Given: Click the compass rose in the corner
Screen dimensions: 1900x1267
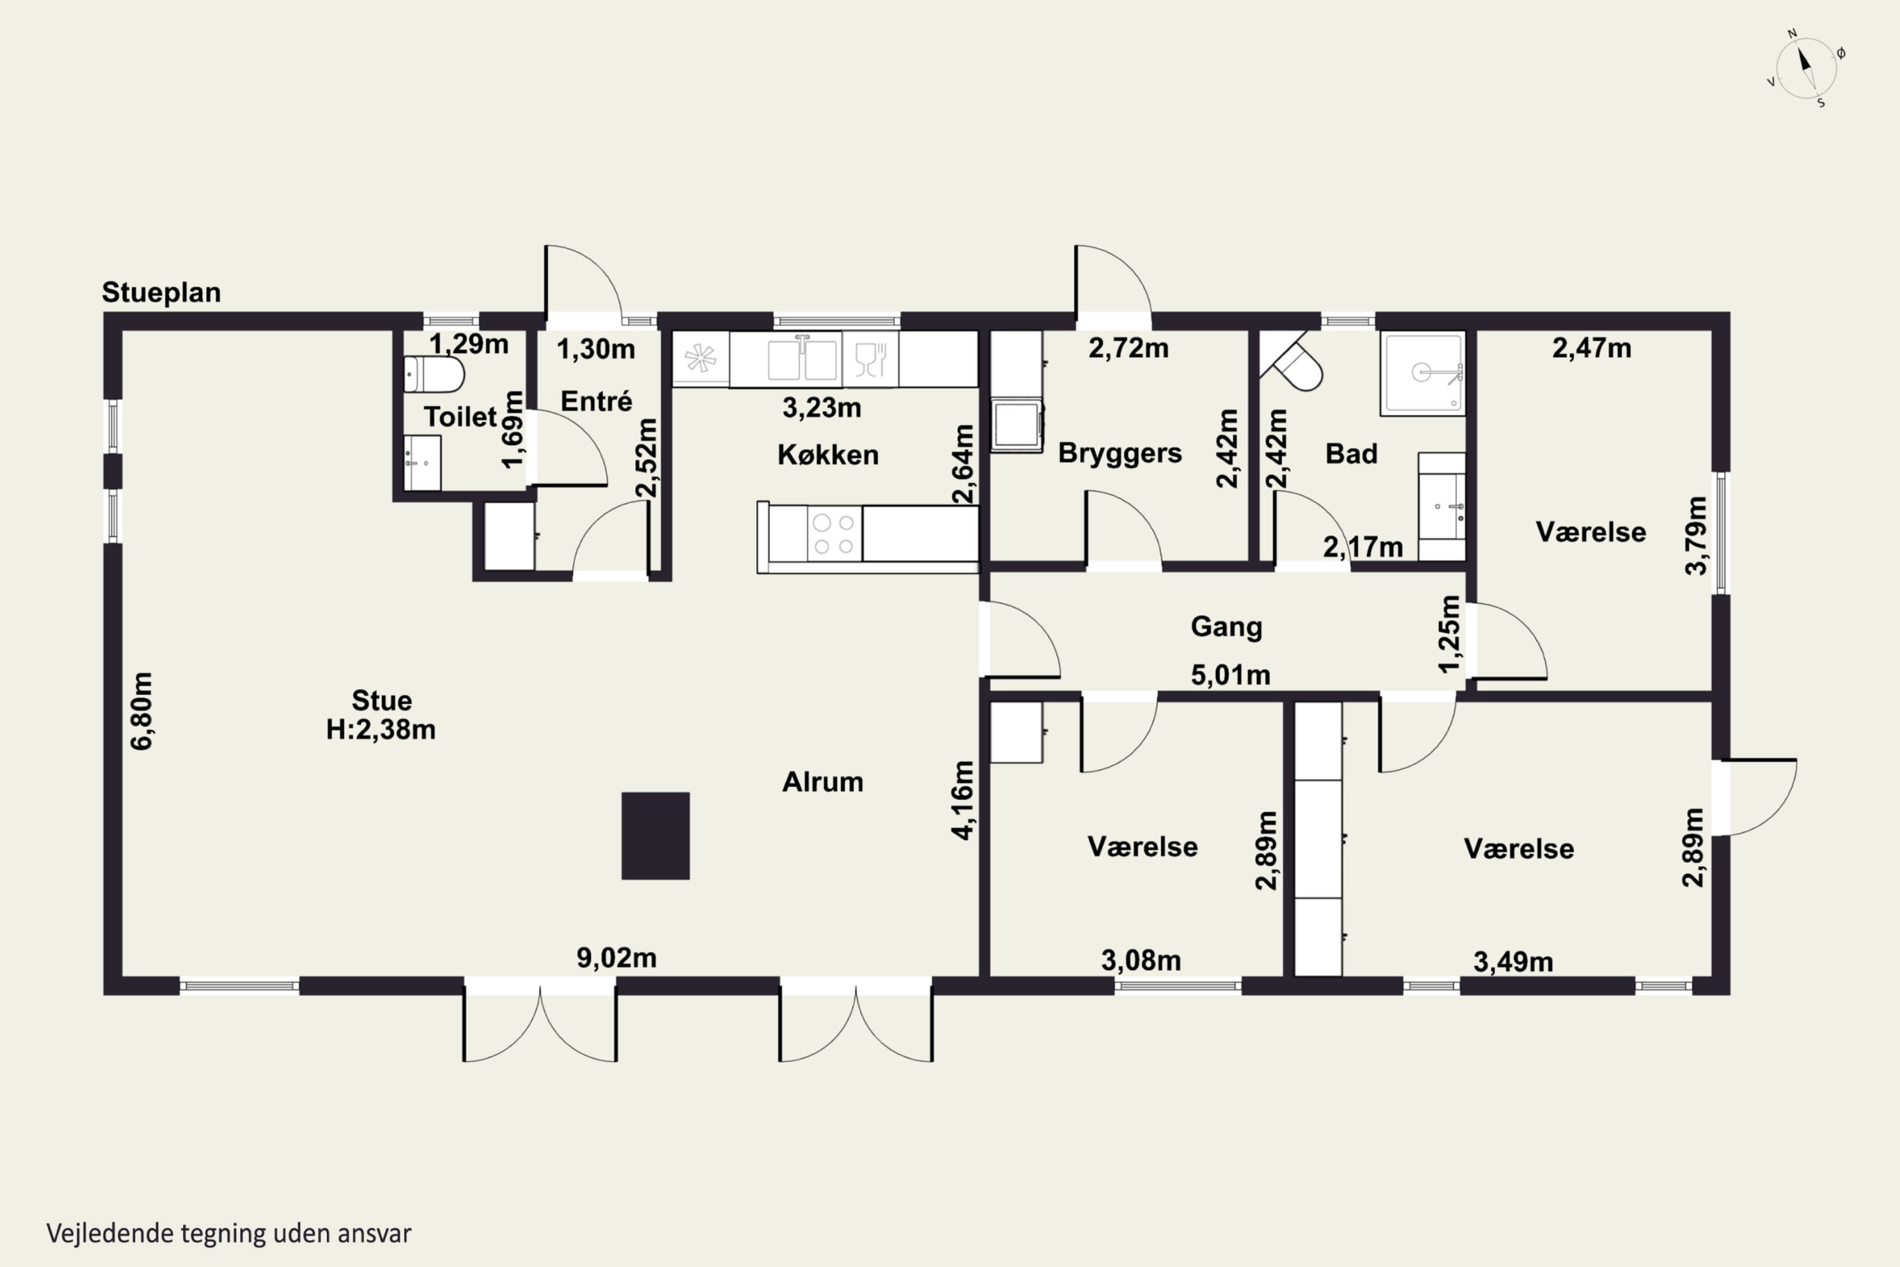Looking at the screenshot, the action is click(1806, 68).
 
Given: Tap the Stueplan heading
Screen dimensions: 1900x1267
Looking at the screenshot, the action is click(161, 293).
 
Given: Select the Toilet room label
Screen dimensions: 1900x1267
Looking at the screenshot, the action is click(460, 417).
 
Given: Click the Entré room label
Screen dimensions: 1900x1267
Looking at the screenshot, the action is click(596, 401).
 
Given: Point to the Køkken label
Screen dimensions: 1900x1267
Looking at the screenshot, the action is click(828, 455).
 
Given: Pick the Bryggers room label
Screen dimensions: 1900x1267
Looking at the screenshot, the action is click(1120, 454).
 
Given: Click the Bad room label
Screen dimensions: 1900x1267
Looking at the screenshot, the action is click(1352, 454).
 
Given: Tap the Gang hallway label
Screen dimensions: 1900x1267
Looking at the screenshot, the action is click(1226, 627).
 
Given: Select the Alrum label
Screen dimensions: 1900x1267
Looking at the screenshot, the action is click(822, 782).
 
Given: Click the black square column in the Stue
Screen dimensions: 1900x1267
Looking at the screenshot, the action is click(655, 836).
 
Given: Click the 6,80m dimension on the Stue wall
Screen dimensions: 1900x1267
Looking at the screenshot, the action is click(141, 711).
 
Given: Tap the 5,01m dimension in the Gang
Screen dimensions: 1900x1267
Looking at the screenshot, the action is click(1231, 675).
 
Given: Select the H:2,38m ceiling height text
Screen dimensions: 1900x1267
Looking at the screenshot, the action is click(381, 730).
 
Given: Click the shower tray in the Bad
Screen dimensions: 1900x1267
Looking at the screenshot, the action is click(1422, 373).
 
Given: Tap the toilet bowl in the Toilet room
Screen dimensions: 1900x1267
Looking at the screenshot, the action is click(434, 374).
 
